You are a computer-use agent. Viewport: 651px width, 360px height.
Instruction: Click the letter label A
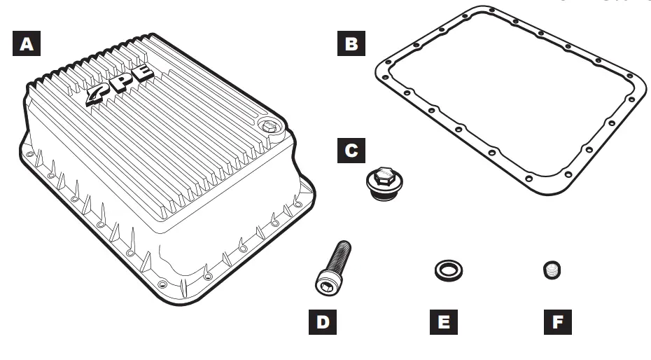click(27, 44)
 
